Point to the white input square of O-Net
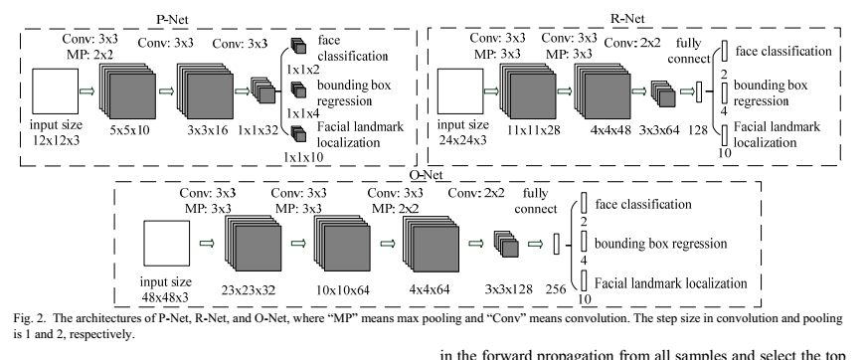tap(167, 246)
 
